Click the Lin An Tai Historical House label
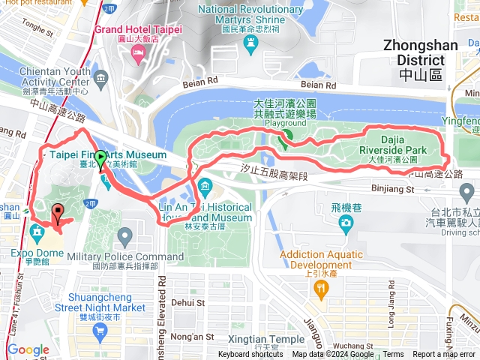205,207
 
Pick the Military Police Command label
125,257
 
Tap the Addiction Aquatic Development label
322,259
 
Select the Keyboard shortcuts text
250,355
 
